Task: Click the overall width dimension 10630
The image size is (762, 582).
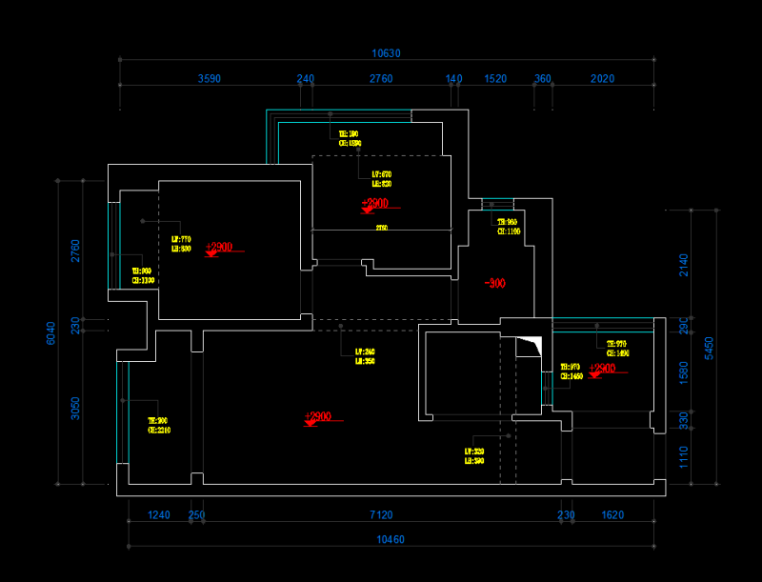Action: click(x=387, y=53)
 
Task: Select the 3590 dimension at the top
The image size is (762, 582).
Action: click(x=210, y=79)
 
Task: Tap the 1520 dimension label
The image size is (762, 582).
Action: click(x=495, y=79)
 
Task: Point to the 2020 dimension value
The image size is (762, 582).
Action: click(x=602, y=79)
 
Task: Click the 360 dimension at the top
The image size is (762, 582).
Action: click(x=542, y=79)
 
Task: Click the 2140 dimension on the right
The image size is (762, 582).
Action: click(x=683, y=265)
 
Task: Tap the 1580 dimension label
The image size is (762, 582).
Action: click(x=683, y=372)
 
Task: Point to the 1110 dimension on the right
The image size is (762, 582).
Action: click(x=683, y=457)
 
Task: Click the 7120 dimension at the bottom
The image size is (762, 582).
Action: click(x=381, y=515)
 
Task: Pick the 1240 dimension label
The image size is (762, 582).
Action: click(x=158, y=515)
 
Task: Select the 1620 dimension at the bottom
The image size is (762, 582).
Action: click(x=612, y=515)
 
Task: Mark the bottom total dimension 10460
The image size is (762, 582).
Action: click(x=391, y=540)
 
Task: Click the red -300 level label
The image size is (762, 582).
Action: click(x=494, y=283)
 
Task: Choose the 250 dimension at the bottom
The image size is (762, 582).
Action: click(x=196, y=515)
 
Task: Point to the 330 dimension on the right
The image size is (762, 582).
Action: click(x=683, y=419)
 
